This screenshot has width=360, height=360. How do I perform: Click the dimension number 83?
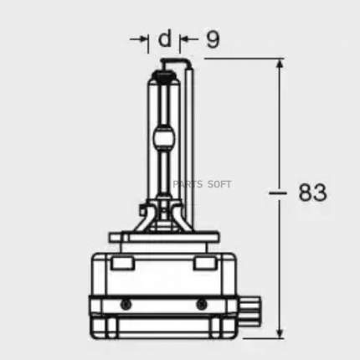pos(312,193)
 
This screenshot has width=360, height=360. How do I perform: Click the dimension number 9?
pos(213,39)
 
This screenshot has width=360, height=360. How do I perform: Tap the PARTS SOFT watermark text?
pos(202,184)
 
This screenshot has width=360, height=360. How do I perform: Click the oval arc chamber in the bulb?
pos(164,138)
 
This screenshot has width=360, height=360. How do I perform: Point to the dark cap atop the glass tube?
pos(164,75)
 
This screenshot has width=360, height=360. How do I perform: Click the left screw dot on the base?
pos(126,304)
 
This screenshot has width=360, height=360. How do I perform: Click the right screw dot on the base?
pos(201,304)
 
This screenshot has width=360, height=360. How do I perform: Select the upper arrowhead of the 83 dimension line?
pos(280,65)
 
